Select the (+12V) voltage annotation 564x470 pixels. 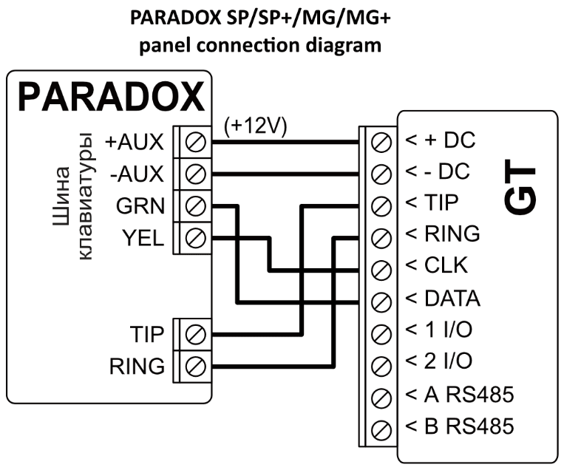coord(255,126)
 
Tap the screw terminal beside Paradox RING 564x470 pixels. coord(194,365)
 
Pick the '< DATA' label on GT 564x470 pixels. coord(442,299)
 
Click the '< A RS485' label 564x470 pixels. coord(458,395)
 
